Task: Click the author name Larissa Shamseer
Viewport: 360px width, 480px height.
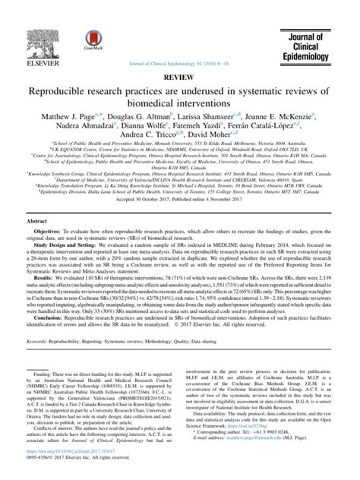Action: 222,94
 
